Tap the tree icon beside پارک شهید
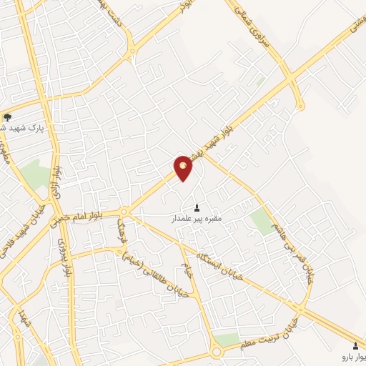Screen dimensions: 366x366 [x=8, y=117]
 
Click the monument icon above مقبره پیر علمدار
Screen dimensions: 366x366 [x=197, y=208]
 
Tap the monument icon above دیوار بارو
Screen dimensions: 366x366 [x=355, y=345]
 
